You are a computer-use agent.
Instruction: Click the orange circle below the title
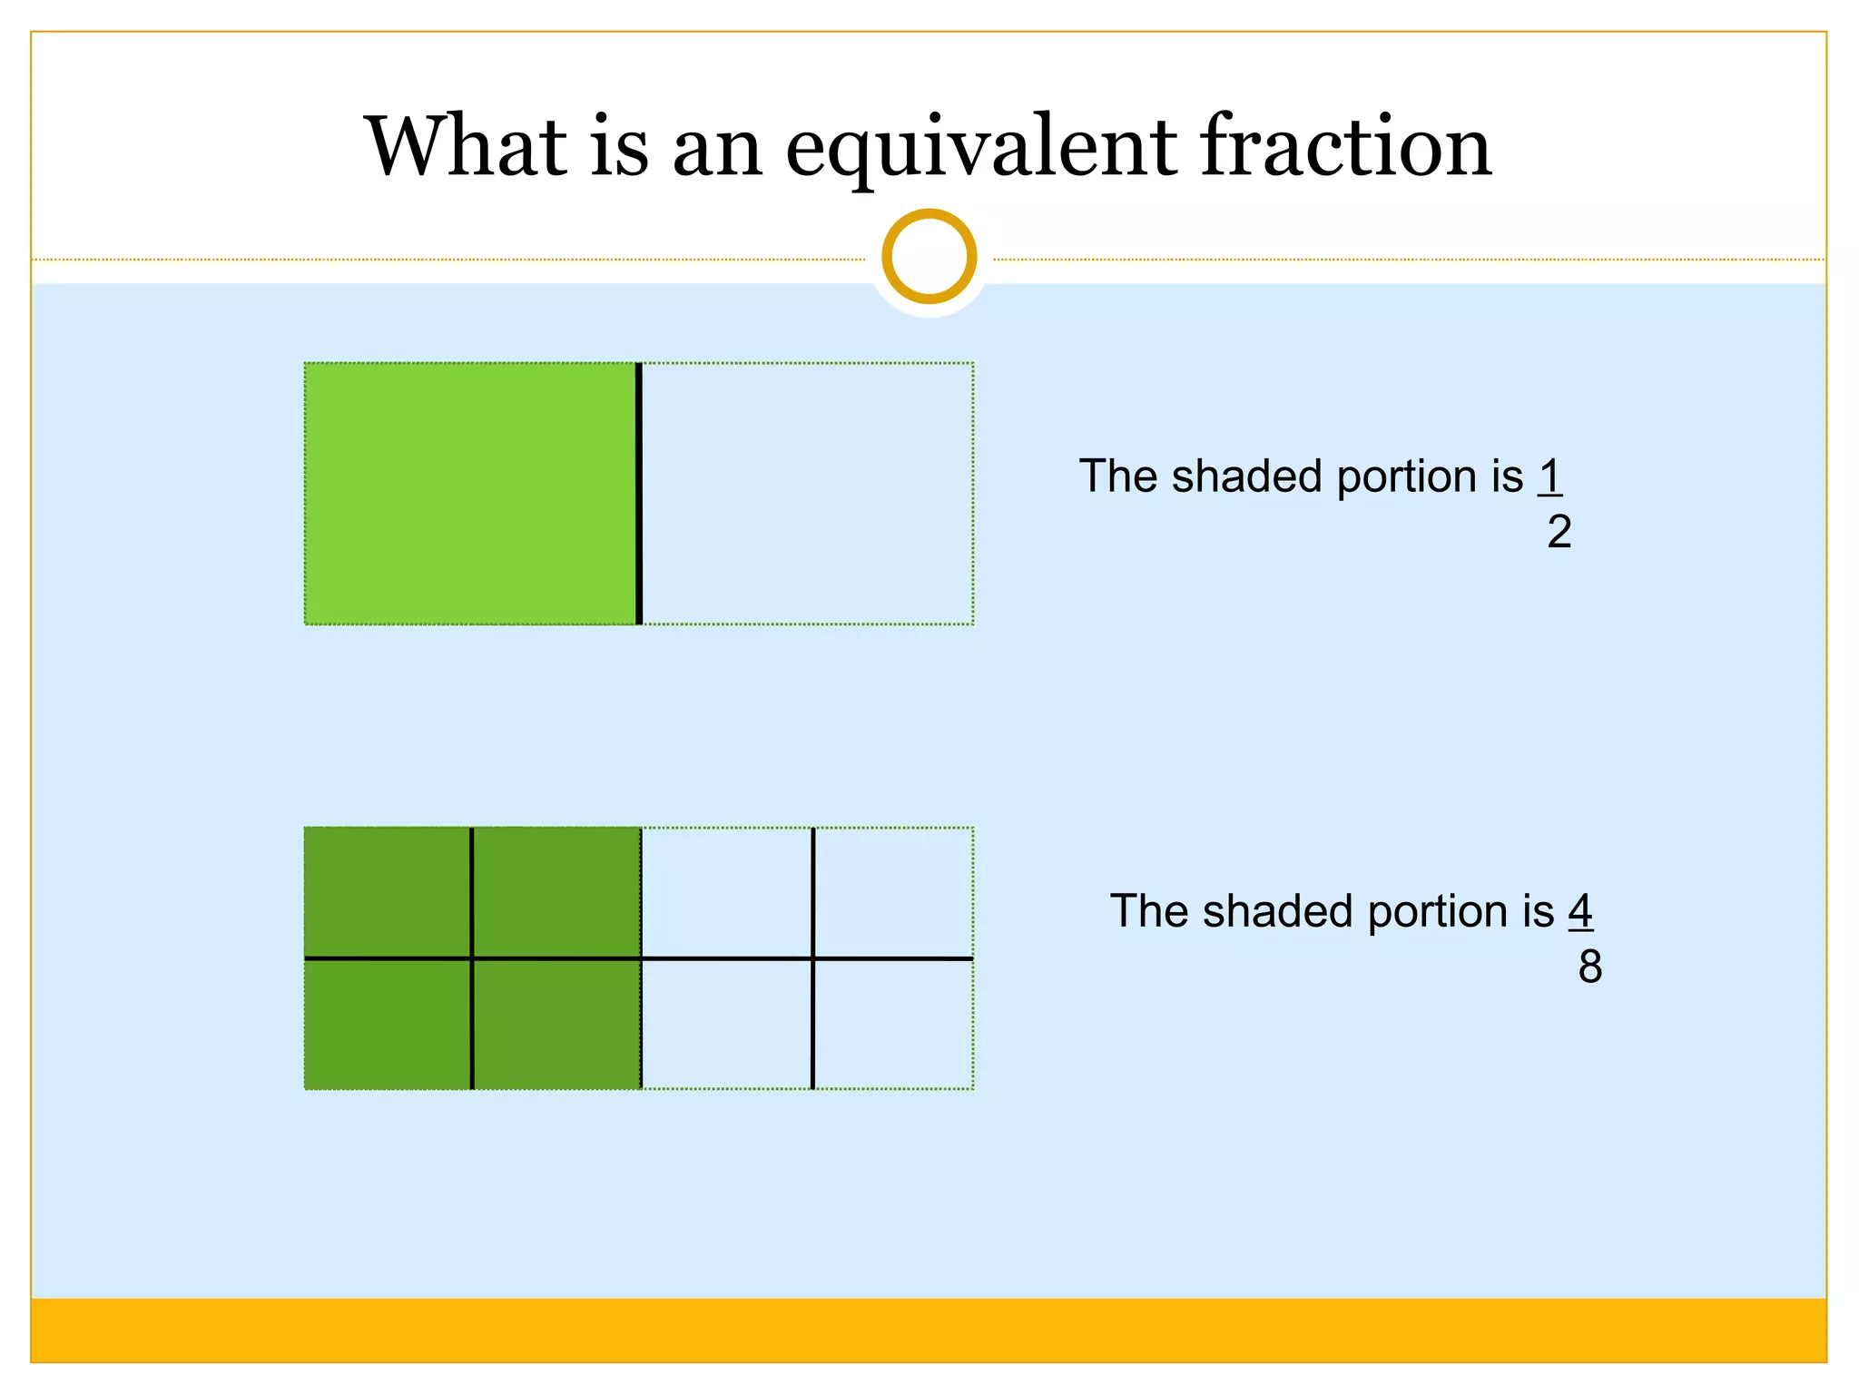929,256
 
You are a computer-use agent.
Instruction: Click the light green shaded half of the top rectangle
470,494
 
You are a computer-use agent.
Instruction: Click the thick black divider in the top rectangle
639,494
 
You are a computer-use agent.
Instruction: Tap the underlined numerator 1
1549,476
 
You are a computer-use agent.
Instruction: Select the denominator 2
1559,532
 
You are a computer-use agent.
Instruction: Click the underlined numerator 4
1580,910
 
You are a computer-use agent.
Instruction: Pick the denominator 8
1589,967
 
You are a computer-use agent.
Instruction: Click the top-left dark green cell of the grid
388,892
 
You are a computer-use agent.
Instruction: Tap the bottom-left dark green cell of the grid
388,1024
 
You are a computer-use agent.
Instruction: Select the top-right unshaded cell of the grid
893,892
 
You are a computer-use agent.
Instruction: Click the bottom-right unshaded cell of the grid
893,1024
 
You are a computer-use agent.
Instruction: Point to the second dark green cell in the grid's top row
556,892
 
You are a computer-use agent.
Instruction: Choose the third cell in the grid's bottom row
726,1024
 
